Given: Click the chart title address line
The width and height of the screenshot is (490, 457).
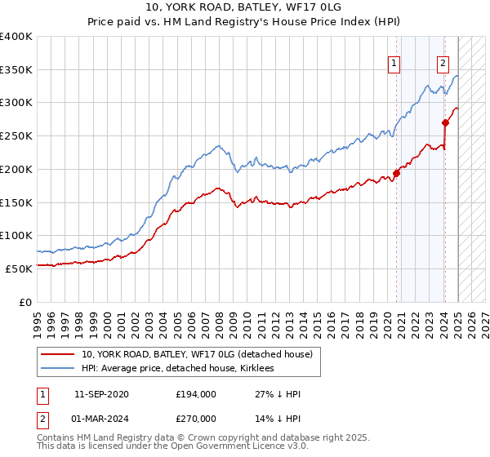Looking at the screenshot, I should click(244, 7).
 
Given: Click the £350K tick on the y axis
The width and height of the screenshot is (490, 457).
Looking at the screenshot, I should click(16, 69).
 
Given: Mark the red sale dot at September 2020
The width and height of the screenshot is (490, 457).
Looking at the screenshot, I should click(397, 173).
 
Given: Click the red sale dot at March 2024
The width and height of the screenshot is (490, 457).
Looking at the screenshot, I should click(445, 123).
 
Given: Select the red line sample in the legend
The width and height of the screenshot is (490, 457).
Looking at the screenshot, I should click(58, 354).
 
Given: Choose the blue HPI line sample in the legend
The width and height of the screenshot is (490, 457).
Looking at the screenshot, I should click(58, 369).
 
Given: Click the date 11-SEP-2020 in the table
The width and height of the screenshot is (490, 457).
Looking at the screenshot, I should click(101, 394).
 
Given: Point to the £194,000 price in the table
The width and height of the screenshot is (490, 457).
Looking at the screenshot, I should click(196, 394).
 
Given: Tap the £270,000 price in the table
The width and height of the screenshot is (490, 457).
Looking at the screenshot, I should click(196, 418).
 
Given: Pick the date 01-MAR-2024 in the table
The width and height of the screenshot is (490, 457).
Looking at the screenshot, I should click(101, 418).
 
